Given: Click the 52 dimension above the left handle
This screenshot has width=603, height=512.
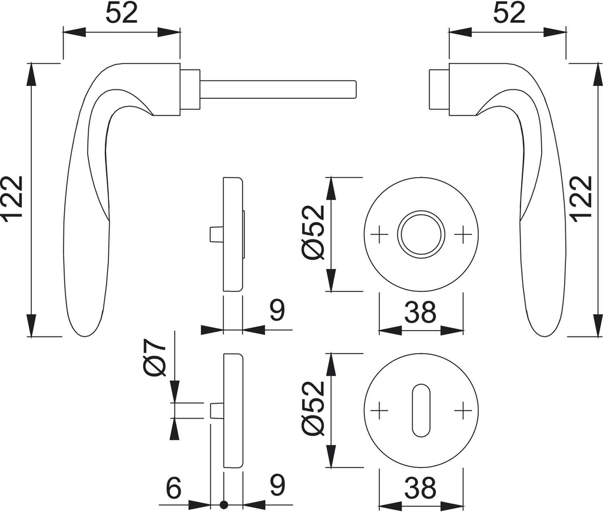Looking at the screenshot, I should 121,13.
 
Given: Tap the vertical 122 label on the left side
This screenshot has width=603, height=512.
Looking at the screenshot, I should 13,200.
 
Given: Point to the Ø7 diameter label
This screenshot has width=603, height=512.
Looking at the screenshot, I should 155,360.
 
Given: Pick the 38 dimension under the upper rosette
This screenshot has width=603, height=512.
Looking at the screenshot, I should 420,312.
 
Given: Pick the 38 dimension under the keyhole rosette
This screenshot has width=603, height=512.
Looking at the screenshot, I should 420,488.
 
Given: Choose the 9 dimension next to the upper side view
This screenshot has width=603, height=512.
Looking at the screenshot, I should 276,311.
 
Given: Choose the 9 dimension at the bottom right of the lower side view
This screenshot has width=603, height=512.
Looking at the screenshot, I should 276,486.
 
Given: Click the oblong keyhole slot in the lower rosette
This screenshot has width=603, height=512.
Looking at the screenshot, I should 421,410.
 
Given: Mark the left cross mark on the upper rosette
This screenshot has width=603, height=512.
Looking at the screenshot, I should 379,234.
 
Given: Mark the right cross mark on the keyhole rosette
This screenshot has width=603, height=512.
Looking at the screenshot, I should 463,410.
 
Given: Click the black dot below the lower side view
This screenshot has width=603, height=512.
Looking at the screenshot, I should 223,504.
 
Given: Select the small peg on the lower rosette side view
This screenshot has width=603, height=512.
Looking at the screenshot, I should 216,410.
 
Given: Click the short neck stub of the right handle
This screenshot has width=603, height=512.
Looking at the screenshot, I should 439,89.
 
